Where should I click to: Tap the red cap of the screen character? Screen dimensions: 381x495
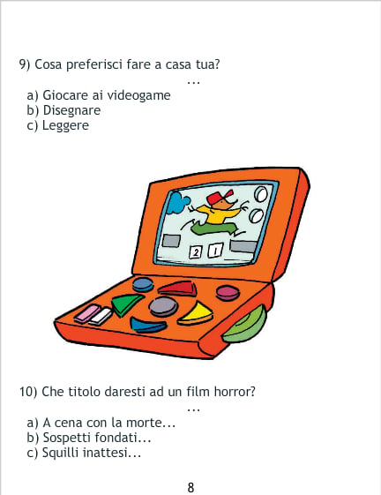220,197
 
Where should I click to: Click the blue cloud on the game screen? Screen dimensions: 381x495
177,203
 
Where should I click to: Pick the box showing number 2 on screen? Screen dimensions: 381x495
196,252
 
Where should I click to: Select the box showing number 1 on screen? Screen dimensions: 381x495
215,251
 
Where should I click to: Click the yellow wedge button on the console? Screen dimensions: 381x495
196,314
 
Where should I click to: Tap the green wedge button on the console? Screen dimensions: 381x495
126,304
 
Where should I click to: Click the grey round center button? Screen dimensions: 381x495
163,306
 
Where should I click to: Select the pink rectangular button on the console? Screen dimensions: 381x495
87,314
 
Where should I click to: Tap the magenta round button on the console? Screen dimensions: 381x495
228,293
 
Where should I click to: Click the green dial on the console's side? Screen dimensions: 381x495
246,326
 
